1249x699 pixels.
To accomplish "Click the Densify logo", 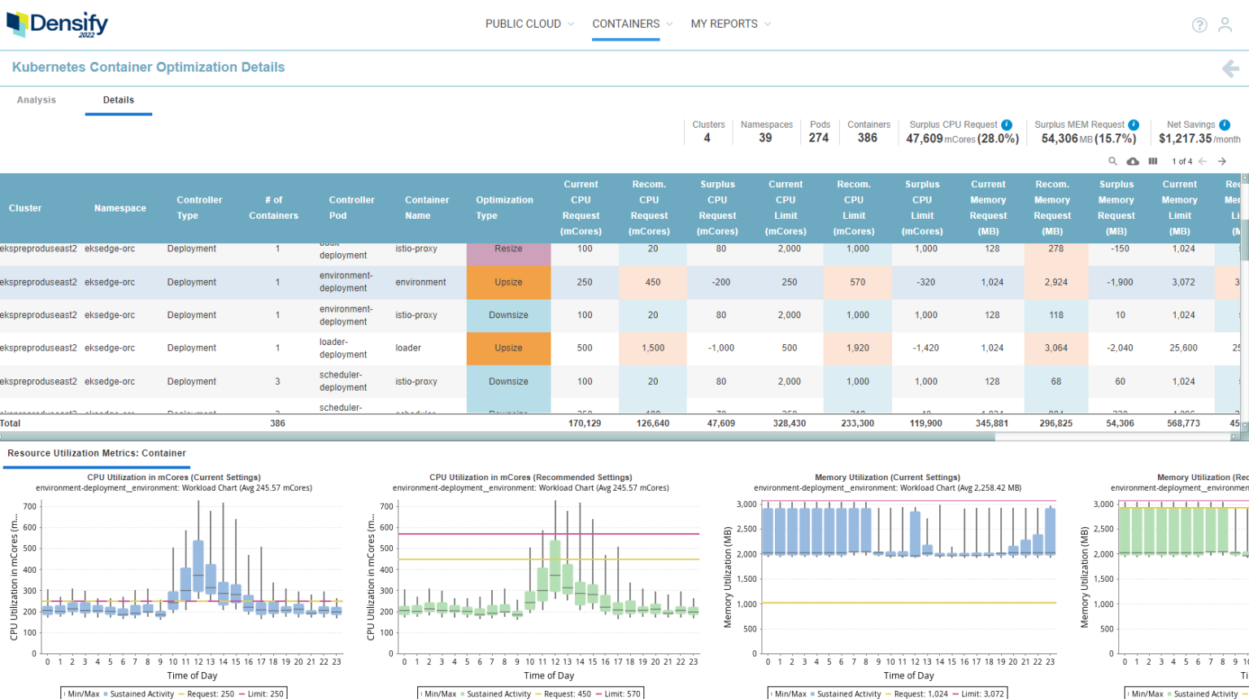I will (x=58, y=24).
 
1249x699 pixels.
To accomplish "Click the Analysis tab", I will (x=37, y=100).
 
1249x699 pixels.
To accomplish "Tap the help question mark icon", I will (x=1199, y=25).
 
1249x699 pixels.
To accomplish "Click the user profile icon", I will (x=1225, y=25).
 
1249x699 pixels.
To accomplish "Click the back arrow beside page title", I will (x=1230, y=69).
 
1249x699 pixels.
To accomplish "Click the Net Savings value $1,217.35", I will (x=1185, y=139).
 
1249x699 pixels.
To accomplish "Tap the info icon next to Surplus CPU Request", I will (x=1007, y=125).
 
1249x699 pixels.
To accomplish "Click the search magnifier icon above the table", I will (x=1113, y=161).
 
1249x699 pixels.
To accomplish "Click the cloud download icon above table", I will (x=1133, y=161).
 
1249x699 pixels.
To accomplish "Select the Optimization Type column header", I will (x=504, y=208).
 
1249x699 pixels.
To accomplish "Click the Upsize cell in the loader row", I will (x=508, y=348).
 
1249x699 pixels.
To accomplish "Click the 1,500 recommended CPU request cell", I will (x=653, y=348).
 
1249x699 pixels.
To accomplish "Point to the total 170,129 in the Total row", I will (x=585, y=423).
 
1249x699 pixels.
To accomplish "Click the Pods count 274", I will (x=819, y=138).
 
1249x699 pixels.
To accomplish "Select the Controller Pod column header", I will (x=351, y=208).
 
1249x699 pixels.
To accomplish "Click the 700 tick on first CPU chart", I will (x=29, y=506).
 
